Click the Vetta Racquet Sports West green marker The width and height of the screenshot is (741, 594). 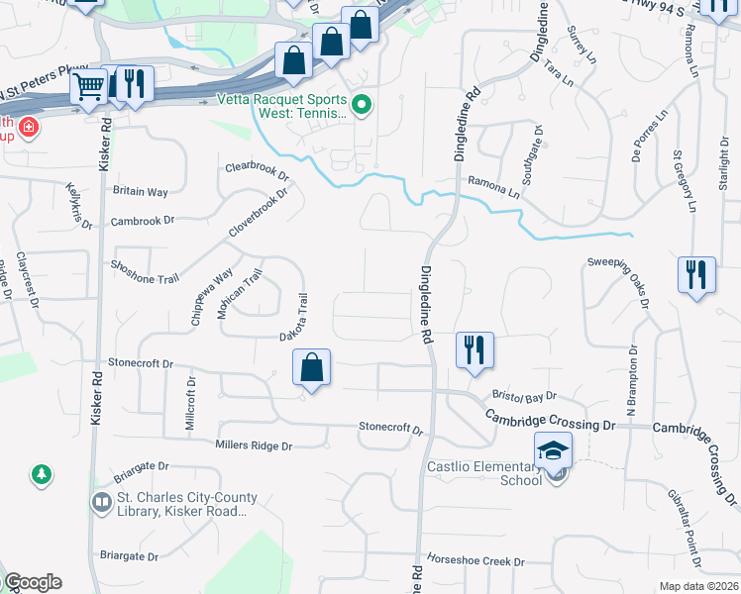pyautogui.click(x=362, y=104)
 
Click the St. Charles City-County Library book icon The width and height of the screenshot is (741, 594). pyautogui.click(x=100, y=503)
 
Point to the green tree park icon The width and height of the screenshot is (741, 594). pyautogui.click(x=42, y=476)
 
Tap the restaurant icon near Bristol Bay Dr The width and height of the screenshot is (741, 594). pyautogui.click(x=475, y=349)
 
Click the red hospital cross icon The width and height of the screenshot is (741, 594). pyautogui.click(x=29, y=127)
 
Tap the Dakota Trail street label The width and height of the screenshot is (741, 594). pyautogui.click(x=295, y=318)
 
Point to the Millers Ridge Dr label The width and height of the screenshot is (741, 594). pyautogui.click(x=254, y=446)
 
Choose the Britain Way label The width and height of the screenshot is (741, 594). pyautogui.click(x=141, y=191)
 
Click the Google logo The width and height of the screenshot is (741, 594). pyautogui.click(x=33, y=582)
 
